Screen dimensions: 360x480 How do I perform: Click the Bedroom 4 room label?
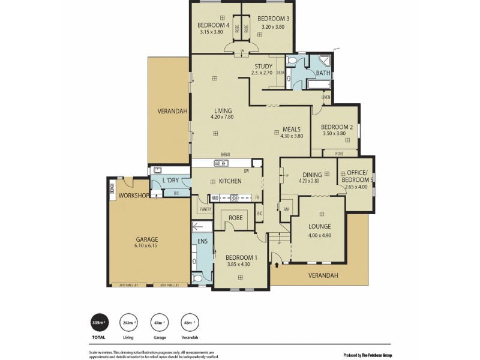213,25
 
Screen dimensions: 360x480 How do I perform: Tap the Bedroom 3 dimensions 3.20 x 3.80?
271,26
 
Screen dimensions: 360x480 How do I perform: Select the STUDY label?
263,66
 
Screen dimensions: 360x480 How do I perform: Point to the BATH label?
323,73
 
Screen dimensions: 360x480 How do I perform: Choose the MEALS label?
291,128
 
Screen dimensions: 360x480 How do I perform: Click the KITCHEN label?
230,181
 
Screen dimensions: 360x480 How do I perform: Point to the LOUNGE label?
319,227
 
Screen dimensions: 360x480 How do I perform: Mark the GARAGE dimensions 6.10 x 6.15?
146,245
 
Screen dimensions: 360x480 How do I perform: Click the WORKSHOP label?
133,196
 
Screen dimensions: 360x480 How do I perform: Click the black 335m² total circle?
99,322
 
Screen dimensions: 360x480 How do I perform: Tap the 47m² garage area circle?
158,322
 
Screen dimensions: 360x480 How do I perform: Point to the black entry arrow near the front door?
276,261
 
